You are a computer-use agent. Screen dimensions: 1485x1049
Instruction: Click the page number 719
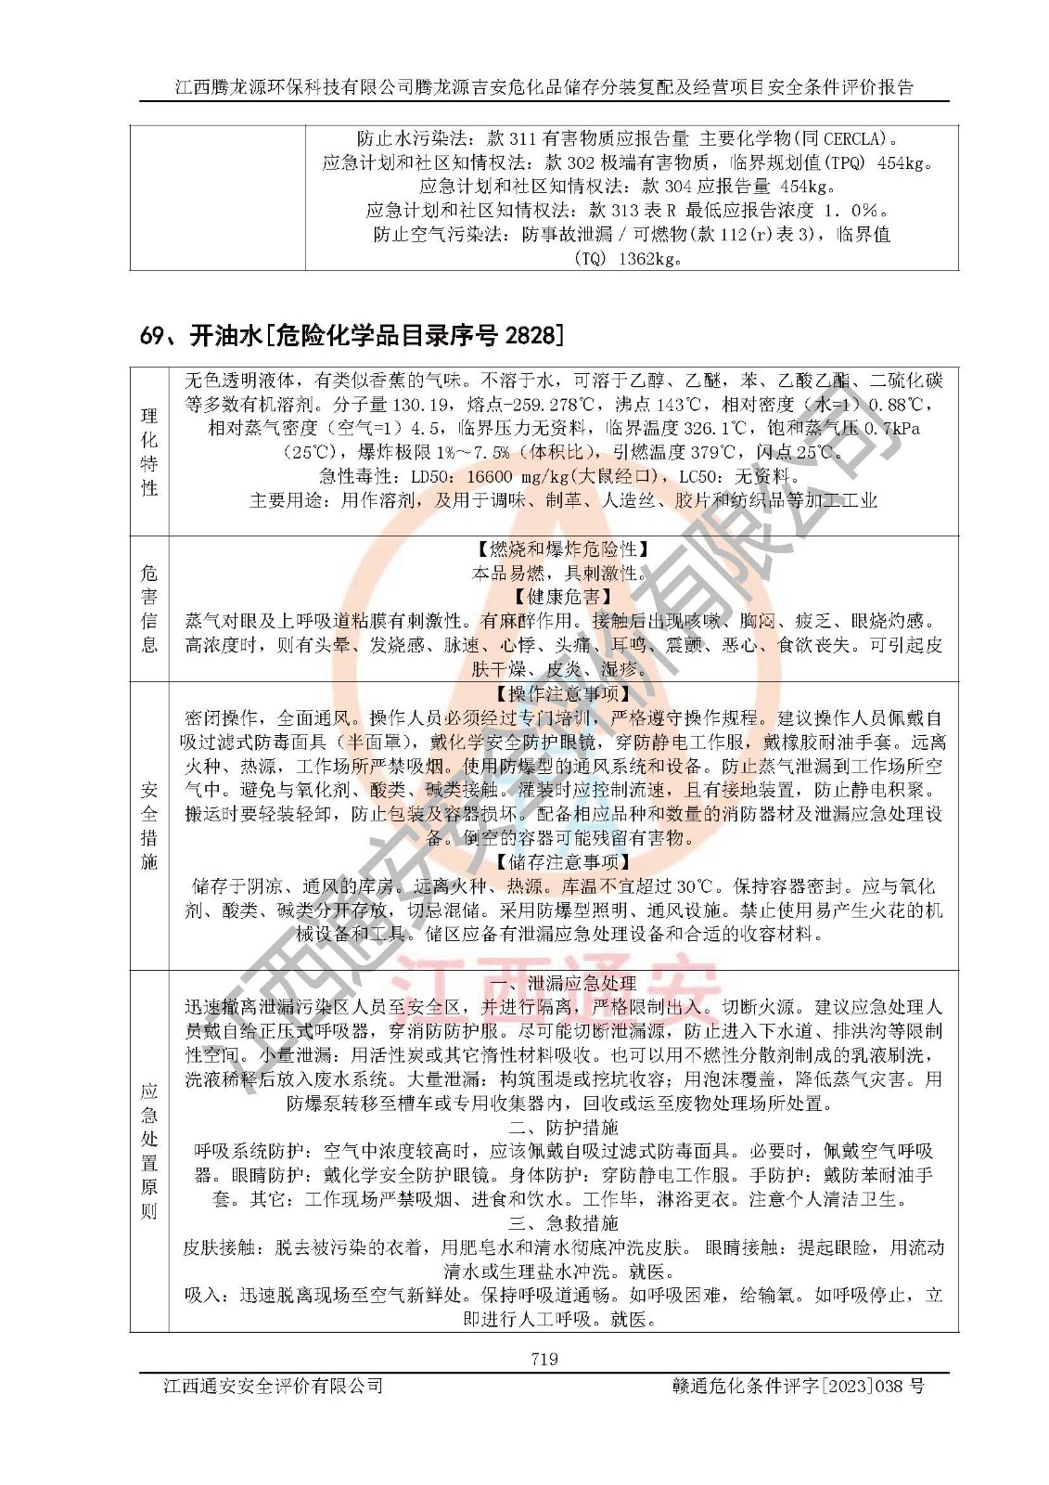[544, 1359]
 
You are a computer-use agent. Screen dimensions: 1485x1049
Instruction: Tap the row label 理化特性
[149, 451]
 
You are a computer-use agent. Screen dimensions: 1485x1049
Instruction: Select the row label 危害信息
[149, 609]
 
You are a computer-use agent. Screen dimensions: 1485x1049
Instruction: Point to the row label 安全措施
[149, 826]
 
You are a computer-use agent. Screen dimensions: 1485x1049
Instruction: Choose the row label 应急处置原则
[149, 1151]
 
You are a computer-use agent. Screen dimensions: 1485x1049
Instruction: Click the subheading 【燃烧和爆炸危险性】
[563, 549]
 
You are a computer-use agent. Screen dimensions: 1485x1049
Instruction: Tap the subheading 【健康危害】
[563, 597]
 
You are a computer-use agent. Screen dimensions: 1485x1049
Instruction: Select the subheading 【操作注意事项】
[563, 694]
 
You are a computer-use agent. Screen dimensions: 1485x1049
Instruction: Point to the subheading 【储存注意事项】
[563, 862]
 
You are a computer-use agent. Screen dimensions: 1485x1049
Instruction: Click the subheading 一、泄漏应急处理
[563, 983]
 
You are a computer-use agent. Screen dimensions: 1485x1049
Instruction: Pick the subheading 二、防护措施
[563, 1128]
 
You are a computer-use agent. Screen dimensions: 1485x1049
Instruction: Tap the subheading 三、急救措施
[563, 1223]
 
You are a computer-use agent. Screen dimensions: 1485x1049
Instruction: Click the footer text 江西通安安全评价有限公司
[274, 1386]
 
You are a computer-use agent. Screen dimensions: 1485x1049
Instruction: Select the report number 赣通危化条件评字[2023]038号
[798, 1386]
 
